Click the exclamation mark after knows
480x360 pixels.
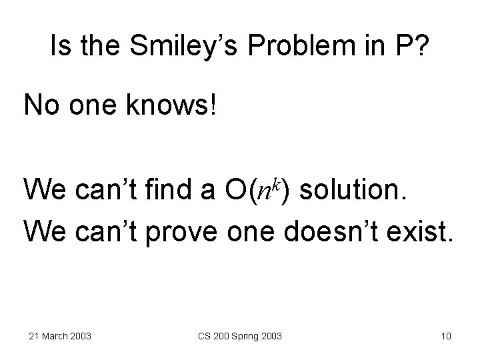[x=213, y=105]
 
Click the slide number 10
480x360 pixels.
[x=446, y=335]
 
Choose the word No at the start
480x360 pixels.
[x=41, y=106]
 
